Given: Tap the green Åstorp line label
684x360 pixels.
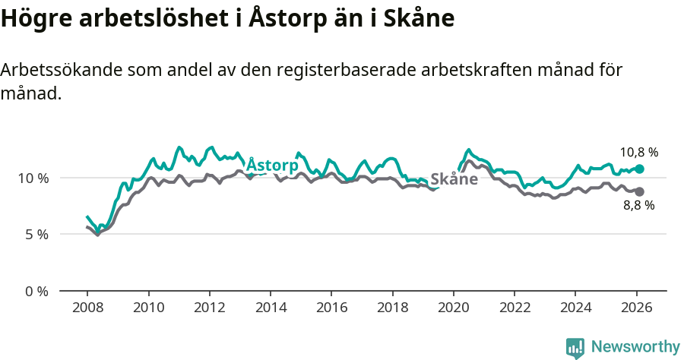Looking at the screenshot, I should click(x=272, y=165).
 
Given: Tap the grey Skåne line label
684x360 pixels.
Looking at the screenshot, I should click(x=454, y=179).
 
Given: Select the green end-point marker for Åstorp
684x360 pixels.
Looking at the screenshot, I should click(x=639, y=169).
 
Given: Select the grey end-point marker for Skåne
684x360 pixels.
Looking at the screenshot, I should click(x=639, y=191).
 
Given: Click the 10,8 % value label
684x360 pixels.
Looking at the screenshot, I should click(x=638, y=152).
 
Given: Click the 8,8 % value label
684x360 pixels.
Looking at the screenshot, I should click(x=638, y=205).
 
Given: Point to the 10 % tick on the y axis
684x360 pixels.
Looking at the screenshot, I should click(x=33, y=178).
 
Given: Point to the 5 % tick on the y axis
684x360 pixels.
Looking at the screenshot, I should click(x=36, y=235).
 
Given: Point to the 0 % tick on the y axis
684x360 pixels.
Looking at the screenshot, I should click(x=36, y=291).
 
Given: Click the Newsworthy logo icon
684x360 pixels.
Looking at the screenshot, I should click(x=575, y=348).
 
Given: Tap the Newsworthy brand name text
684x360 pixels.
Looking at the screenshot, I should click(x=635, y=347).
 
